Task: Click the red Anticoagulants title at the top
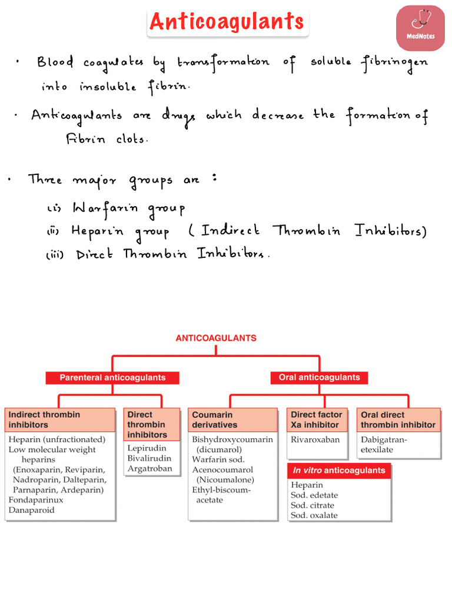227,22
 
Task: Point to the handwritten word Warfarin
105,208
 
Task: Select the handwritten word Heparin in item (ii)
97,231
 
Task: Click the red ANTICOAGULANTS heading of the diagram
216,338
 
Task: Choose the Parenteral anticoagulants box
112,377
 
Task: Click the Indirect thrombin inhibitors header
61,419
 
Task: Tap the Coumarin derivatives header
232,419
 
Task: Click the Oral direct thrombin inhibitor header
398,419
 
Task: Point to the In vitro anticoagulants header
339,471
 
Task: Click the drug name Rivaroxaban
315,439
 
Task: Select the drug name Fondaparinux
36,500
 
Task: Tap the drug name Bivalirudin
149,458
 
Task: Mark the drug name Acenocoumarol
222,469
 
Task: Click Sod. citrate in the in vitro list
313,505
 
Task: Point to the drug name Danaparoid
32,510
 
